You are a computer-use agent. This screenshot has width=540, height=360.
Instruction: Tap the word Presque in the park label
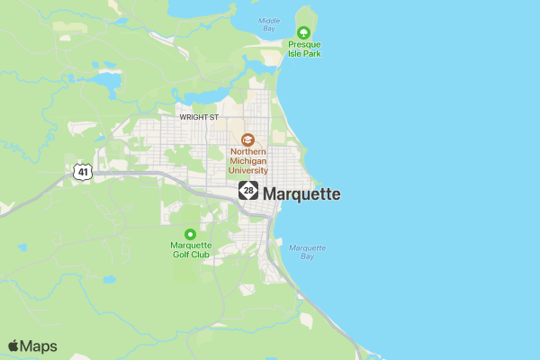[304, 43]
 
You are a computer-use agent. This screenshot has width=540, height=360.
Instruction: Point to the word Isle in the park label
[294, 53]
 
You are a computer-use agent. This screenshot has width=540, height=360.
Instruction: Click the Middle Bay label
[268, 24]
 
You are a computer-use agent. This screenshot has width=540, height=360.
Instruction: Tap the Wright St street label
[199, 117]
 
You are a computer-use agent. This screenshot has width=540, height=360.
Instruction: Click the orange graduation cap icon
[247, 139]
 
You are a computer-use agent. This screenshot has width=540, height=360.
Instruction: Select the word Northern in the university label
[247, 151]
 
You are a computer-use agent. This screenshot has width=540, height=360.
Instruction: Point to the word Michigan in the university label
[247, 160]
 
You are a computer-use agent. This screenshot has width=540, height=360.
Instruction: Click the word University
[247, 169]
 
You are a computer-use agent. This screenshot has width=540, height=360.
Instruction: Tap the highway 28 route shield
[248, 191]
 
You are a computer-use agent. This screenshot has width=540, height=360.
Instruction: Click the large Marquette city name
[301, 193]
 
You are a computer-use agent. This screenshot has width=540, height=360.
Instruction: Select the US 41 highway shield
[82, 171]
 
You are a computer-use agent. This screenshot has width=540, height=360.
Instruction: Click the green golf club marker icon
[190, 234]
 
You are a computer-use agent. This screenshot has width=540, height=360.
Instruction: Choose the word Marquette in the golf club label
[191, 245]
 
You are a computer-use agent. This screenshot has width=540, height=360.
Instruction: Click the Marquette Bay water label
[307, 251]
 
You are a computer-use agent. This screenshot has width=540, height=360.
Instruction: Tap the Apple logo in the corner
[13, 346]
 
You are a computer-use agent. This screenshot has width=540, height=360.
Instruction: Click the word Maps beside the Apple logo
[39, 346]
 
